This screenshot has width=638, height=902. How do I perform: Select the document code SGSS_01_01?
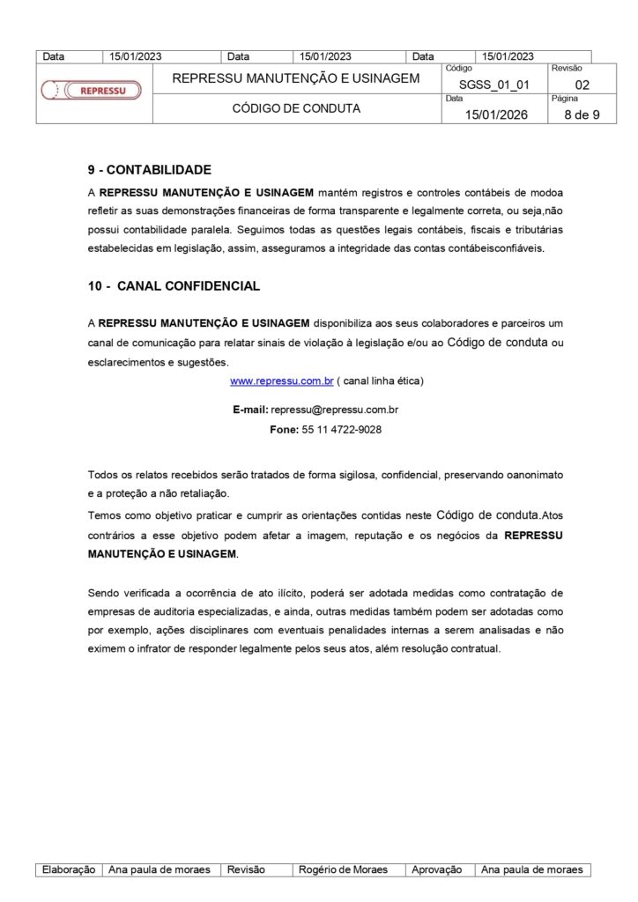pos(493,85)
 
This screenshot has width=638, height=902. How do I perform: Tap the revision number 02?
pos(582,85)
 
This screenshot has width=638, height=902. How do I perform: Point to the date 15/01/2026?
pos(496,115)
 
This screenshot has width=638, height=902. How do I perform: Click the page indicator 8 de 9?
pos(582,115)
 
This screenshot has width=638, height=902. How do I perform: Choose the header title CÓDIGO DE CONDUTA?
pos(296,109)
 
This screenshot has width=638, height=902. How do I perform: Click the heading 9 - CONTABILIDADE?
pos(150,170)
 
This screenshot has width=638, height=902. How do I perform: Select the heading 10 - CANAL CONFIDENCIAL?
pos(174,286)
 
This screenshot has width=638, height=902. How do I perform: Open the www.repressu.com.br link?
pos(281,381)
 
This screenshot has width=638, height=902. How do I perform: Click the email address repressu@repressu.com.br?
pos(336,410)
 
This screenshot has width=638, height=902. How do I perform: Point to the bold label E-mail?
pos(250,410)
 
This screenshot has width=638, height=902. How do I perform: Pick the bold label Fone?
pos(284,430)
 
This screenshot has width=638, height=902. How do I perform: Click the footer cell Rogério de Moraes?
pos(343,869)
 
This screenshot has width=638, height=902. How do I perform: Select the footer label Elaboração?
pos(69,869)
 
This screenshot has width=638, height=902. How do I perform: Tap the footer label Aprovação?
pos(437,869)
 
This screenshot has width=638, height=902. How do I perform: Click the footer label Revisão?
pos(246,869)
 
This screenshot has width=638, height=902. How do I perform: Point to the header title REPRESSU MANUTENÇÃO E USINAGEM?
pos(296,78)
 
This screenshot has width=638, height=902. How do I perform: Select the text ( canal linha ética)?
pos(381,381)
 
